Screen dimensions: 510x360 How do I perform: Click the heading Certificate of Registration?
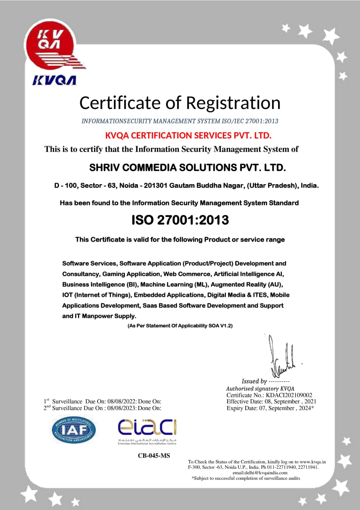180,103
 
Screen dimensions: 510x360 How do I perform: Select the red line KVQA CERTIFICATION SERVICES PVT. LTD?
188,135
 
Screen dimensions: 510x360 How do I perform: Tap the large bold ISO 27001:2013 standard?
180,220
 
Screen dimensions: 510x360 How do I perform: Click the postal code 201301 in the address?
155,186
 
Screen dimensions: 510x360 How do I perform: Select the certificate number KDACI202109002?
289,395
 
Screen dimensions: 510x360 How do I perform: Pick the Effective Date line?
271,401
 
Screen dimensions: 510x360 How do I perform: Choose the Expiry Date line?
270,408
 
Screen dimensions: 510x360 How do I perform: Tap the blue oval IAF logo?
74,430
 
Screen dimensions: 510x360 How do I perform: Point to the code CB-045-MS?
154,455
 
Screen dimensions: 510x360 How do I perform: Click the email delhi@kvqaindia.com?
260,473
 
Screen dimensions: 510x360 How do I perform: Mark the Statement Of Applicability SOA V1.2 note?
180,326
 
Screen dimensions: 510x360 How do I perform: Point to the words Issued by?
254,381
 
